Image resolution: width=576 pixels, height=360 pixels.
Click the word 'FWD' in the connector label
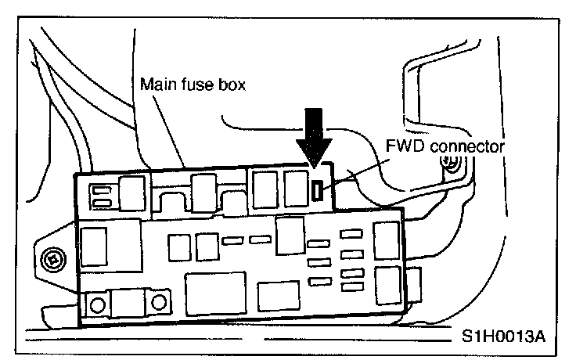click(404, 146)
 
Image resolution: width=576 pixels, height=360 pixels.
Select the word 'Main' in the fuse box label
click(155, 85)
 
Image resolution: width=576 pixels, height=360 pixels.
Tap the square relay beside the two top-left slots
click(131, 191)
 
